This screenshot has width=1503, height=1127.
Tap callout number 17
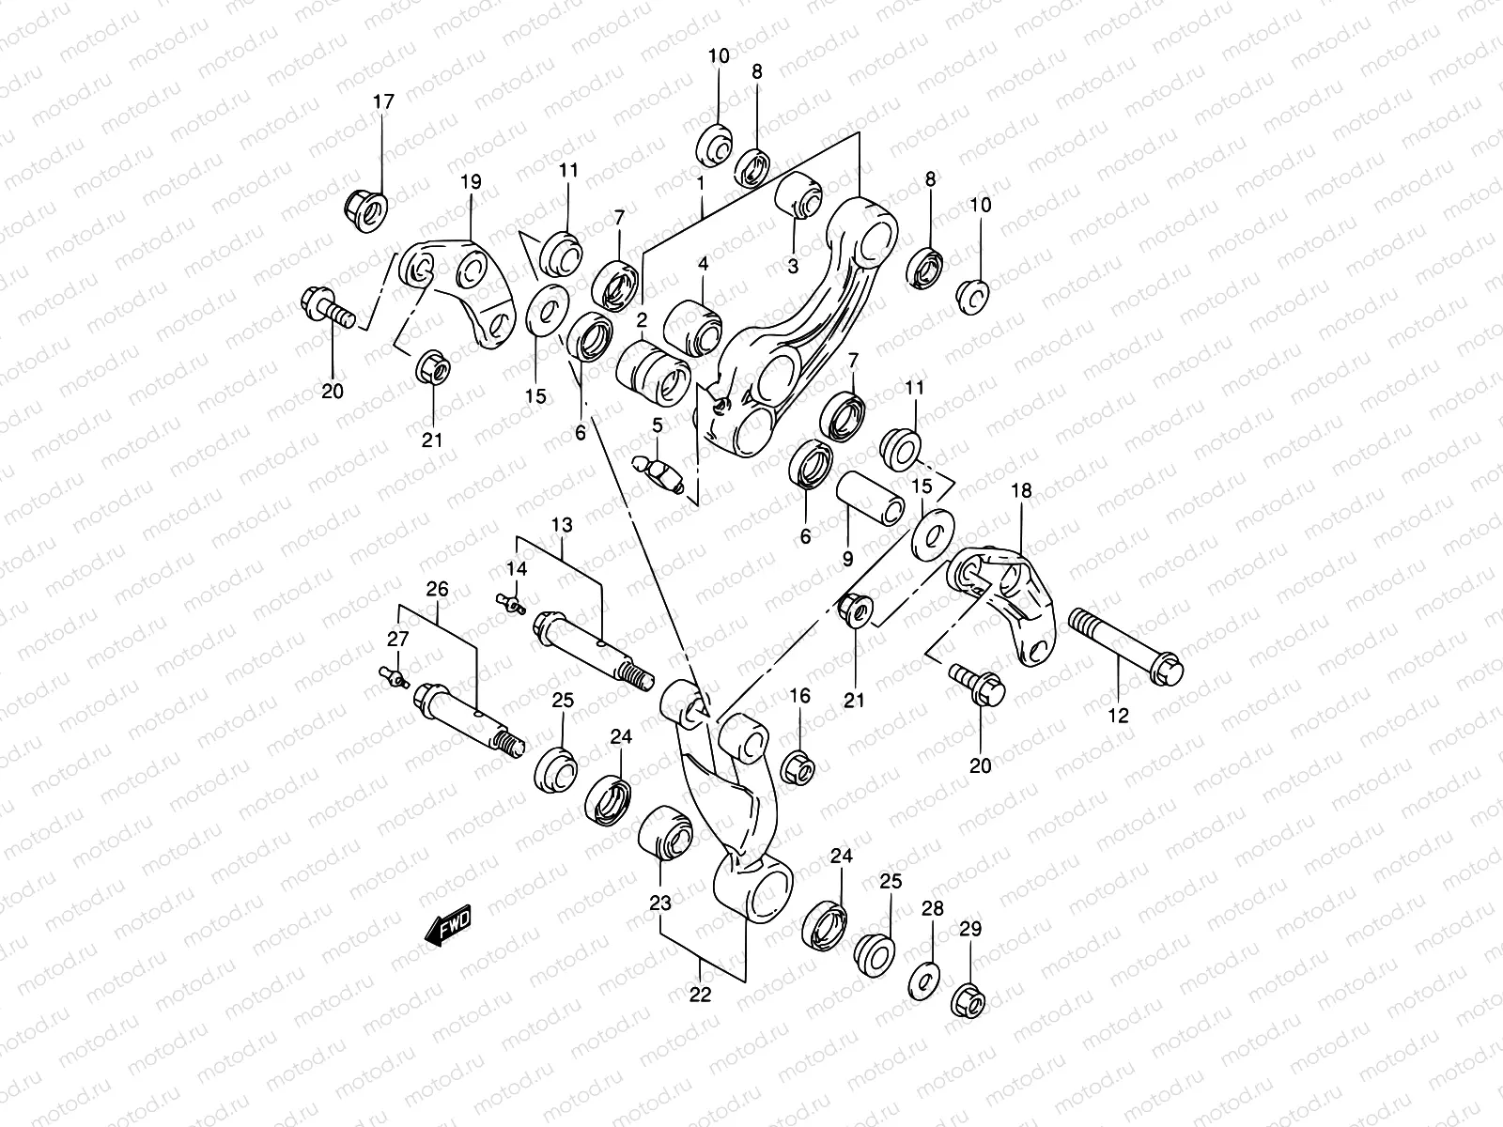[x=384, y=101]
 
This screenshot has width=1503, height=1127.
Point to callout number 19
[x=471, y=182]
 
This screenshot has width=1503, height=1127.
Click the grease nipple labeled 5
[x=659, y=468]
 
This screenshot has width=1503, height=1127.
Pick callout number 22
[x=701, y=995]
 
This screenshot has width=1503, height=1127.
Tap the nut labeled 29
[x=969, y=1000]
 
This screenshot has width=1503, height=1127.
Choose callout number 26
[x=438, y=590]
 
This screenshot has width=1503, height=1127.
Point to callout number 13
[x=562, y=524]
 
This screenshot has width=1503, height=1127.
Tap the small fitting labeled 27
[x=395, y=674]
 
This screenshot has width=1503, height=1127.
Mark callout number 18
[x=1021, y=490]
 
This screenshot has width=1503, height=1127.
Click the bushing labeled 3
[x=798, y=192]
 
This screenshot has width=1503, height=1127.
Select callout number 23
[x=660, y=903]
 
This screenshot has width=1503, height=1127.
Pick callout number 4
[x=702, y=265]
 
